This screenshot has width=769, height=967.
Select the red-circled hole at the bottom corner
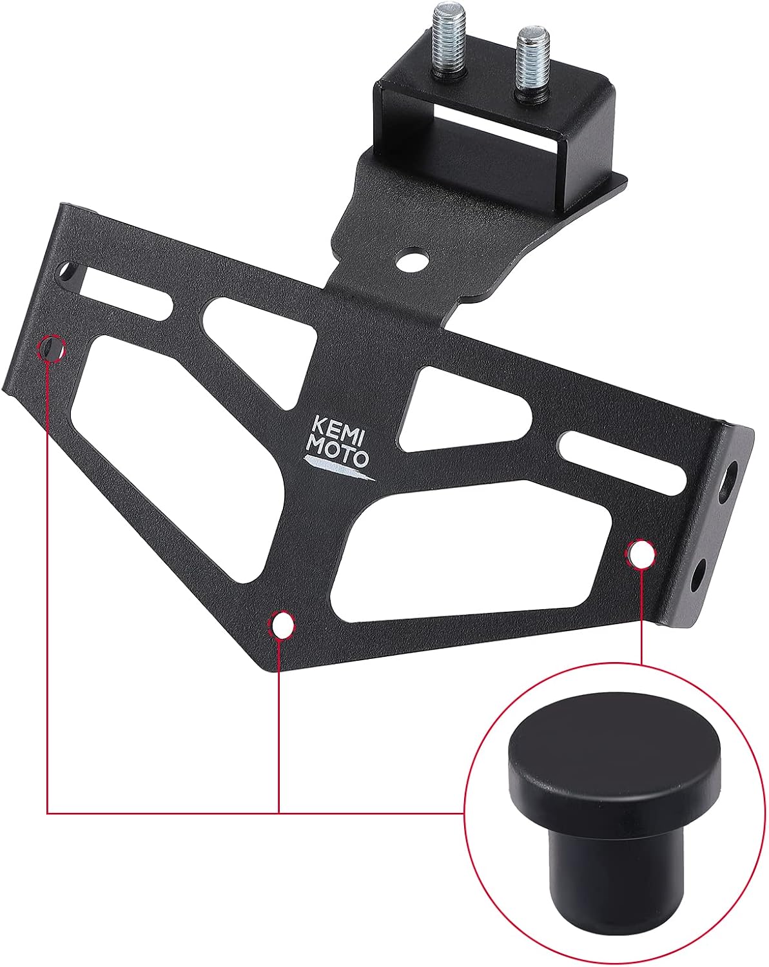(x=280, y=623)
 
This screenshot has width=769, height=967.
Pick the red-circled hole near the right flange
(x=641, y=554)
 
